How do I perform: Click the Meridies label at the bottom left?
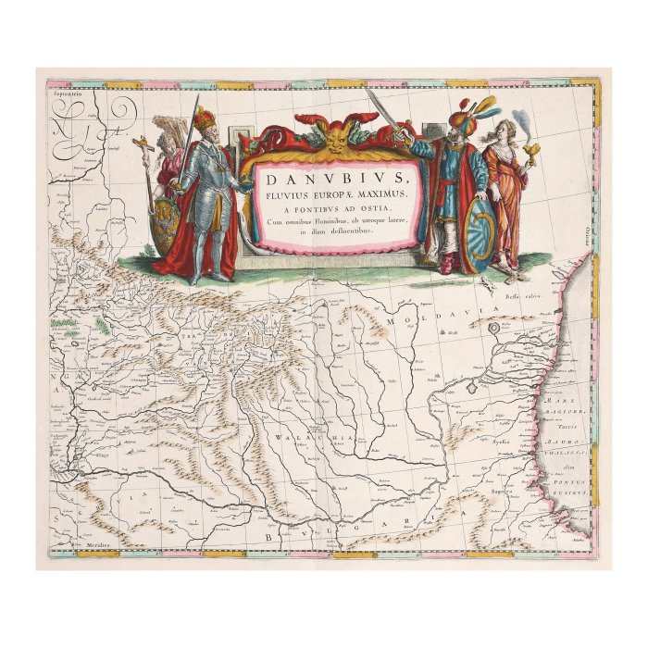81,545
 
